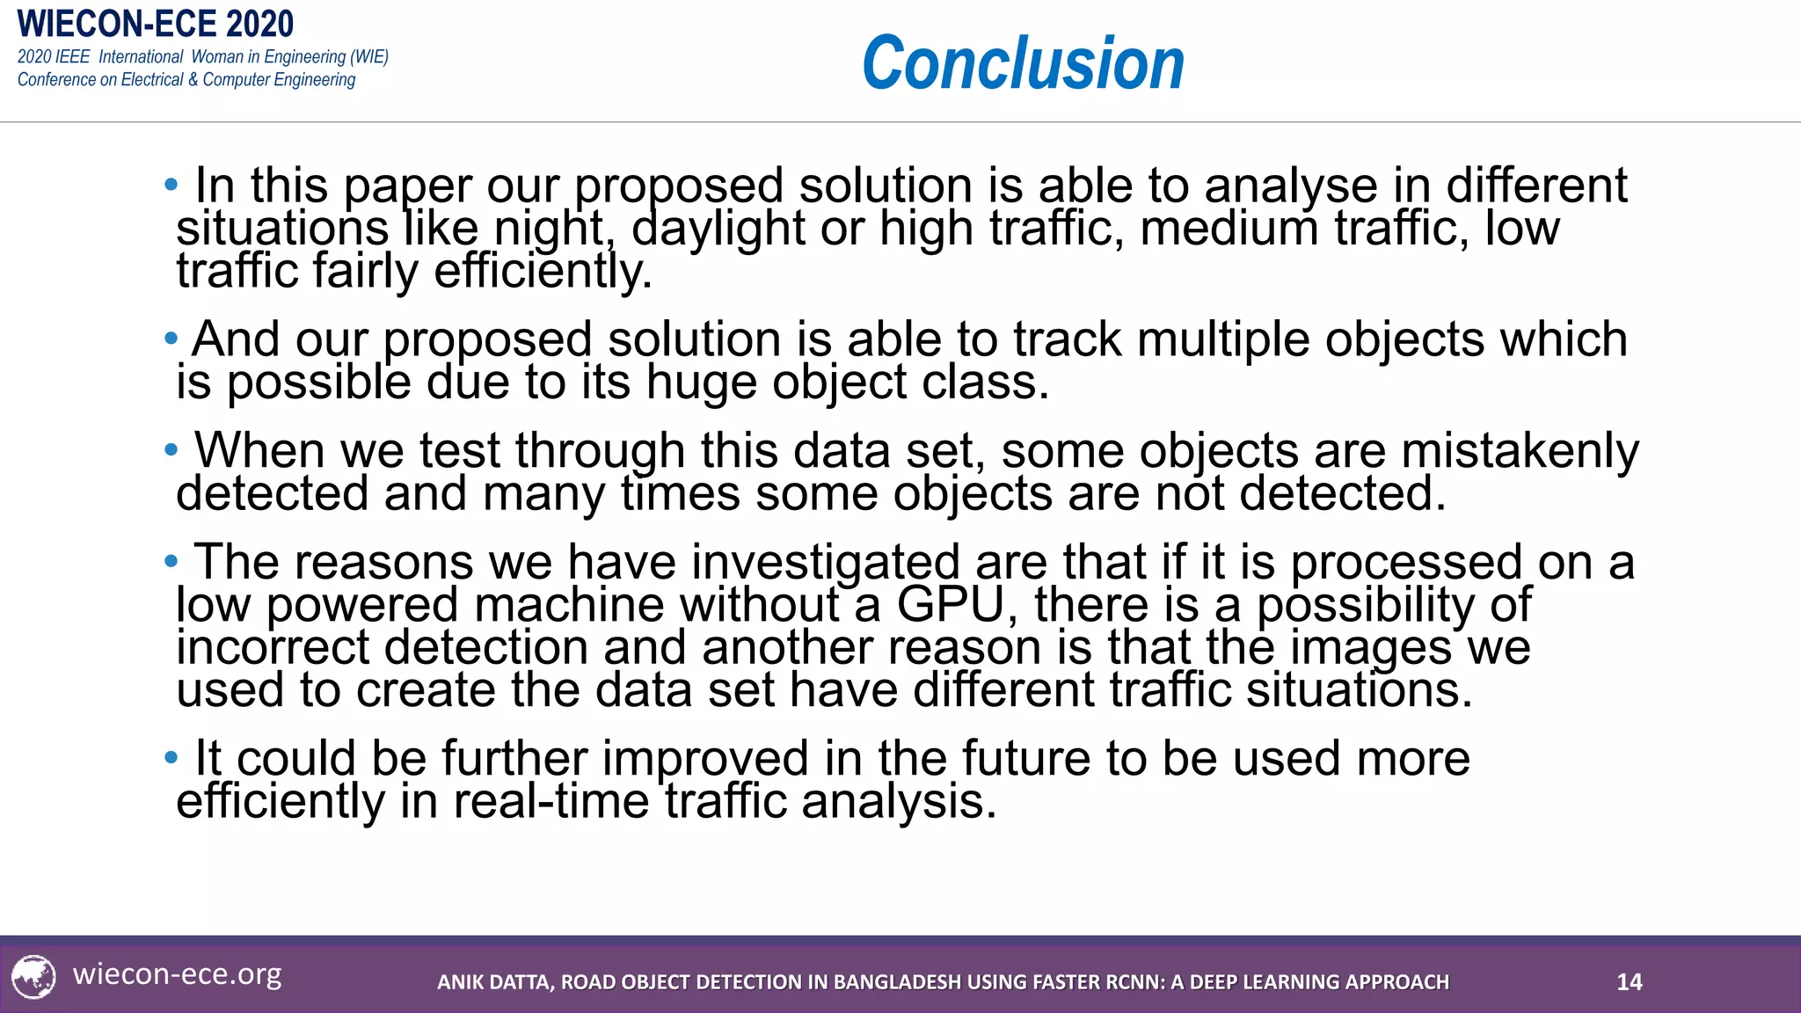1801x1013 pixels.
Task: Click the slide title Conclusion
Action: pyautogui.click(x=1023, y=63)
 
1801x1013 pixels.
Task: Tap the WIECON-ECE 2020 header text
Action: pyautogui.click(x=155, y=24)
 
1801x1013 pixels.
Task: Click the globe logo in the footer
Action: pyautogui.click(x=34, y=977)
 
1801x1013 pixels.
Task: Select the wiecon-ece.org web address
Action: pyautogui.click(x=177, y=974)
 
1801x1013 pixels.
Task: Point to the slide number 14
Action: pyautogui.click(x=1629, y=982)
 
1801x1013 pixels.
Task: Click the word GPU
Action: pyautogui.click(x=950, y=605)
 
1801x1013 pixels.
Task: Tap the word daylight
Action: pyautogui.click(x=718, y=229)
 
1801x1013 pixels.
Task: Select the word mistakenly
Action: pyautogui.click(x=1520, y=451)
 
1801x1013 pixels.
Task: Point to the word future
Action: pyautogui.click(x=1025, y=758)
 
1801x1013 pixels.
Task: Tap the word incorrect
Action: pyautogui.click(x=273, y=648)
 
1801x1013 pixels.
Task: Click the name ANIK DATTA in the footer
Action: pyautogui.click(x=495, y=982)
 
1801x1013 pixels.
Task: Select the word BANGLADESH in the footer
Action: pyautogui.click(x=897, y=982)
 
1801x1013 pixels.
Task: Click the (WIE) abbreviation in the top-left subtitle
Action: pyautogui.click(x=369, y=57)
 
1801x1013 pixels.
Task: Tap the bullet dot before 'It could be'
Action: pyautogui.click(x=171, y=757)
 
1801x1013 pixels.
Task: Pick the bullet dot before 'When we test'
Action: pyautogui.click(x=171, y=450)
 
